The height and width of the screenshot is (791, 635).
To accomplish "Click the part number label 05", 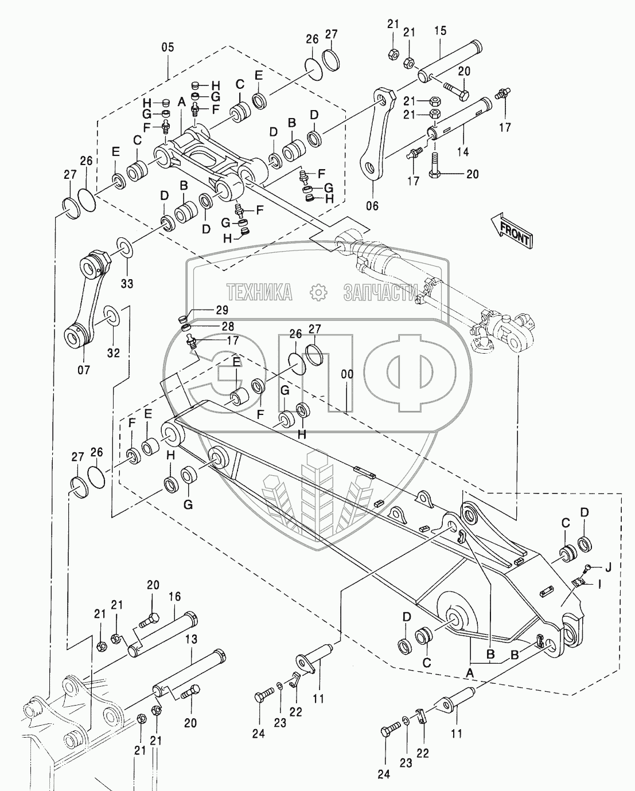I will [x=167, y=48].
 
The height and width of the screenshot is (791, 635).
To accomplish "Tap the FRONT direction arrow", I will [x=512, y=230].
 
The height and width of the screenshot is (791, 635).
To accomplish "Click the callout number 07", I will [x=84, y=370].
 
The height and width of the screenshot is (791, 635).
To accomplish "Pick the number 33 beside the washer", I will [x=127, y=283].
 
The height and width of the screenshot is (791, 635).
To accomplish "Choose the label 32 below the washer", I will [x=113, y=353].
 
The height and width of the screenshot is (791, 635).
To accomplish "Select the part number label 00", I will [x=348, y=374].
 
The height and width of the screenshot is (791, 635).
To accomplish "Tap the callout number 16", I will [x=174, y=597].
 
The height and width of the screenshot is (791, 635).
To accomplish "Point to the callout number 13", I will [x=190, y=639].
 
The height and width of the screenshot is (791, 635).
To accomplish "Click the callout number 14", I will [x=463, y=152].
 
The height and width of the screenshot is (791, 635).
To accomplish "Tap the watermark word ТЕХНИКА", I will [x=259, y=292].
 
